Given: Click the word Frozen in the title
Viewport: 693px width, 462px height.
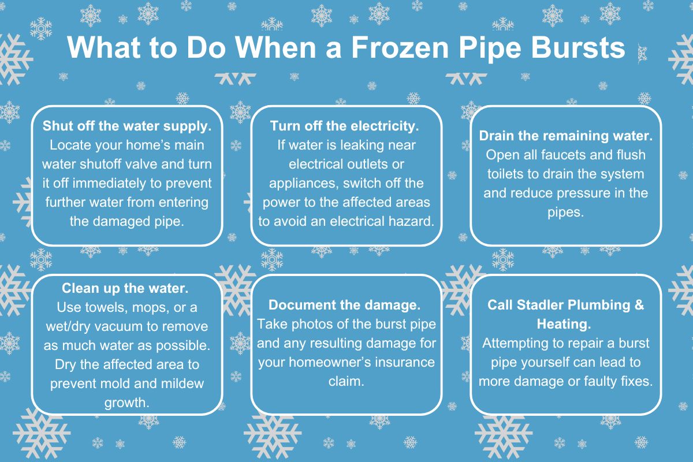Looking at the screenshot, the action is [x=400, y=48].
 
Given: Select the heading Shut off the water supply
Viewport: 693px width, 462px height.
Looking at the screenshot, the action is [x=127, y=126].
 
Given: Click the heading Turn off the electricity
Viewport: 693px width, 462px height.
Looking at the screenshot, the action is [x=345, y=126].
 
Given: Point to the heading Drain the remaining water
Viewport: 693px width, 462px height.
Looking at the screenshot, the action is [x=566, y=136].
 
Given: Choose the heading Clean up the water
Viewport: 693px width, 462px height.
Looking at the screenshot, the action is [x=125, y=288].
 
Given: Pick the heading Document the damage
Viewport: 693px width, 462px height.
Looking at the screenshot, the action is [x=345, y=305].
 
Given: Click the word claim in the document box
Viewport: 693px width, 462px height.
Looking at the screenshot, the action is [x=346, y=382].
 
